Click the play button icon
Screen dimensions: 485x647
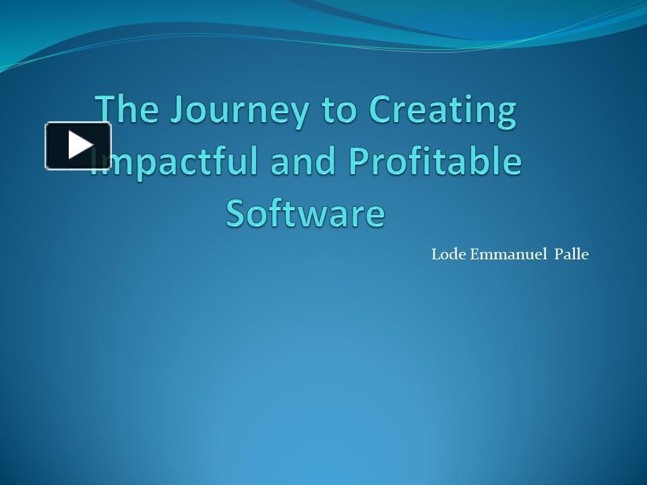point(78,145)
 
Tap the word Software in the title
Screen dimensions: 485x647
point(305,212)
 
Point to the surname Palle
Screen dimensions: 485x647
point(571,255)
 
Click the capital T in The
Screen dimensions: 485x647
point(106,110)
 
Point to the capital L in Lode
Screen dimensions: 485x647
point(435,255)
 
